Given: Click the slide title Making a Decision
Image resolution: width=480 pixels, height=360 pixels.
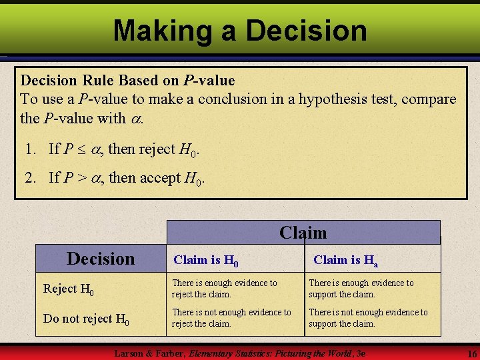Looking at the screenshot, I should click(240, 31).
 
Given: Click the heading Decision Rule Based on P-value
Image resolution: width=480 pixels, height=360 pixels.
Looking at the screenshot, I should click(128, 81).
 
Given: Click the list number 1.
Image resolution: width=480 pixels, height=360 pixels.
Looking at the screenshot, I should click(31, 149).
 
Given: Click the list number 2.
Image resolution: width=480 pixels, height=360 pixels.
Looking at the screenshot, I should click(31, 177).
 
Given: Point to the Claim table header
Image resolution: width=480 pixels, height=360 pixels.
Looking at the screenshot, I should click(303, 233).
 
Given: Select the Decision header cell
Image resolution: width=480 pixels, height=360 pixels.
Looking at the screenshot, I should click(101, 258).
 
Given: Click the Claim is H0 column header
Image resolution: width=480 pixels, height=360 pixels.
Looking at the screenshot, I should click(206, 260).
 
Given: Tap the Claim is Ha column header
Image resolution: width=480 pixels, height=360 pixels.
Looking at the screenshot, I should click(346, 260).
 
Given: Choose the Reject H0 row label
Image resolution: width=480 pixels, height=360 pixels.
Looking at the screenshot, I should click(69, 289).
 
